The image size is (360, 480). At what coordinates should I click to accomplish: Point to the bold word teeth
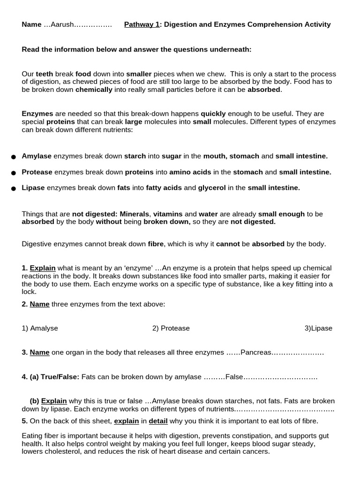pos(45,74)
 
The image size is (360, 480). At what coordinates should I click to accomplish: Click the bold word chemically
pos(94,90)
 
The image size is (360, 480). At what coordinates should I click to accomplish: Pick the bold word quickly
pos(213,113)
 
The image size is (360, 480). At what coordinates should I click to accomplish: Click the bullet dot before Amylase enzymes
pos(13,157)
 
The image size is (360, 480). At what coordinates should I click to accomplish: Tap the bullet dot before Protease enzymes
pos(13,172)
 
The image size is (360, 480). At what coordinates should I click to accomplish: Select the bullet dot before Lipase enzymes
pos(13,188)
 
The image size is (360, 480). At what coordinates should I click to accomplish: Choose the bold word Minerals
pos(134,214)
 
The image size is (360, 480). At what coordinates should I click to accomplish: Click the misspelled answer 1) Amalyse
pos(40,328)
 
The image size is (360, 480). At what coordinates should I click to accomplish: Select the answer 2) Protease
pos(171,328)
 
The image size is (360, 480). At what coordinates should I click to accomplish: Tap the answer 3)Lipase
pos(318,328)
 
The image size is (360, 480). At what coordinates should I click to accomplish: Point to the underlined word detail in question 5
pos(158,421)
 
